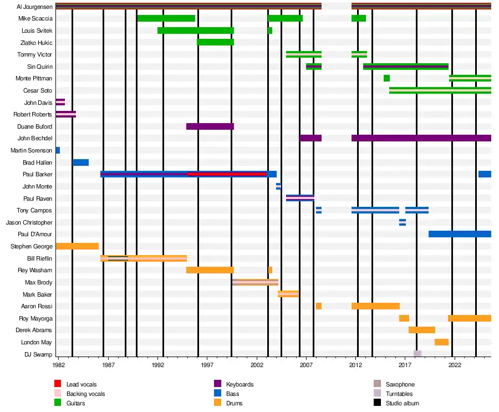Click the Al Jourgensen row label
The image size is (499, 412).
click(x=35, y=7)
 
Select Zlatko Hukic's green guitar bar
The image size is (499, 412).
click(x=215, y=42)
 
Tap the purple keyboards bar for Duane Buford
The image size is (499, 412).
click(x=210, y=126)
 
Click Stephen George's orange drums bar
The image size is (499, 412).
click(x=77, y=246)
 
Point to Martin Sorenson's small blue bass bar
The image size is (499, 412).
click(x=58, y=150)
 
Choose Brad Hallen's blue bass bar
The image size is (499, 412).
click(x=80, y=162)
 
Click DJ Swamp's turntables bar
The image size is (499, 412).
click(x=417, y=354)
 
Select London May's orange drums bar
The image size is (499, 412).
click(x=441, y=342)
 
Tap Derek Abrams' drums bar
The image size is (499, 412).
click(x=421, y=330)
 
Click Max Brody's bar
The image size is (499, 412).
click(x=256, y=282)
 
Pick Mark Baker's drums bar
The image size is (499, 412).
click(x=288, y=294)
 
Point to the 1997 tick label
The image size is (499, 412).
click(x=207, y=365)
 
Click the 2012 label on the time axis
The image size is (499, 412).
click(x=356, y=365)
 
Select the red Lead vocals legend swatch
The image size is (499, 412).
click(x=58, y=384)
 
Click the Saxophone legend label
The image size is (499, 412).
click(x=400, y=384)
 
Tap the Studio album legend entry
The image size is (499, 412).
click(x=402, y=403)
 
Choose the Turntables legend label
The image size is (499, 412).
click(x=400, y=394)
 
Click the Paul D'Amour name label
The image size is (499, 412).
click(x=35, y=234)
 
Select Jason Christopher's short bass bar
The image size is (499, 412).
click(x=403, y=222)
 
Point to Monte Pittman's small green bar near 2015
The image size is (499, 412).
click(x=386, y=78)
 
